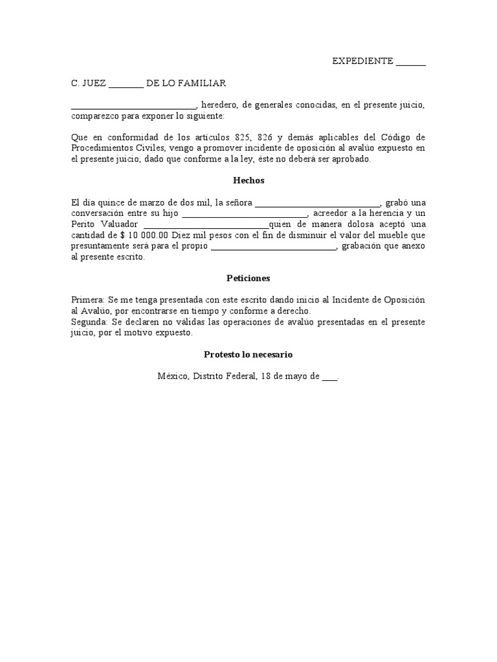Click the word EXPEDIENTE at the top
[x=362, y=61]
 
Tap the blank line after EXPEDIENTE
[x=410, y=62]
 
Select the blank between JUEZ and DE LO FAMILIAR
[x=126, y=84]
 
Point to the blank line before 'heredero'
[x=133, y=106]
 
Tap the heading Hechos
[x=248, y=181]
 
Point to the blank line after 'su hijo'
[x=245, y=215]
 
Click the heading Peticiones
[x=248, y=278]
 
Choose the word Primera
[x=87, y=300]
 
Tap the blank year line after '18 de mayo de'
[x=329, y=377]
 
